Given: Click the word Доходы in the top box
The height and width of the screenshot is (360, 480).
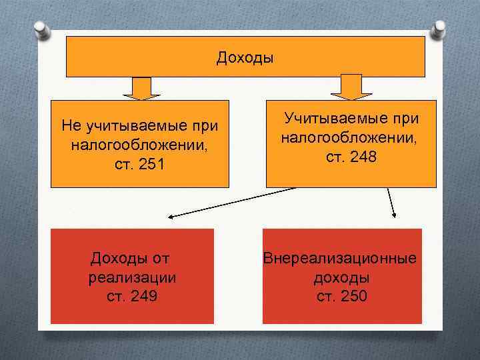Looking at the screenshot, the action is coord(245,58).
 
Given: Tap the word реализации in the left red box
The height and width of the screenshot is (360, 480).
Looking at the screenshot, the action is coord(132,277).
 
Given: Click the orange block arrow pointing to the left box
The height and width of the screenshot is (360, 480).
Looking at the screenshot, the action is coord(141,88).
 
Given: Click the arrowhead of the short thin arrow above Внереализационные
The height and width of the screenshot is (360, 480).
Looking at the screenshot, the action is coord(394,215).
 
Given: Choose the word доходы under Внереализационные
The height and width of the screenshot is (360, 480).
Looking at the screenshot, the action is coord(341,277).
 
